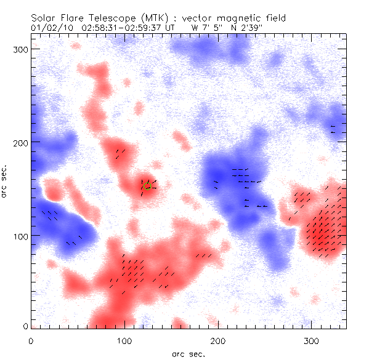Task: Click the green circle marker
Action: point(147,186)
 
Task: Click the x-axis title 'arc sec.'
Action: point(188,354)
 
